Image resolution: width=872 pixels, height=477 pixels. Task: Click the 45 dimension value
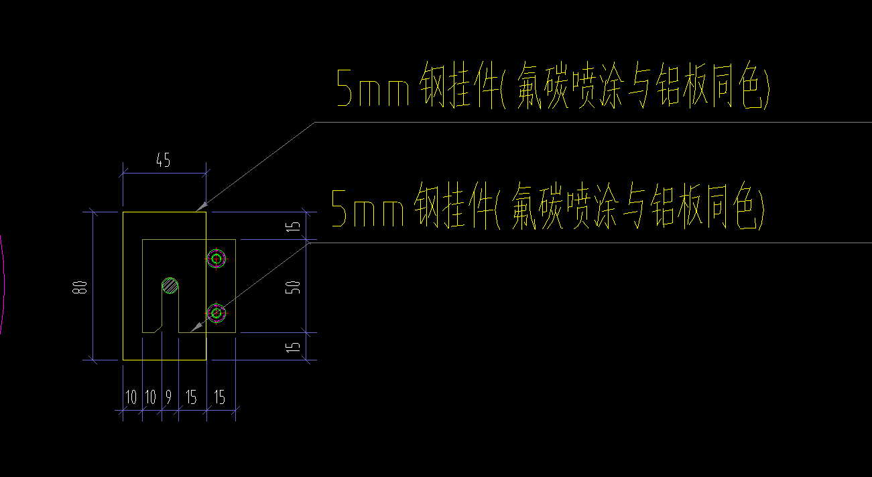(163, 160)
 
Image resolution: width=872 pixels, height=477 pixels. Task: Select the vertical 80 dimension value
(80, 287)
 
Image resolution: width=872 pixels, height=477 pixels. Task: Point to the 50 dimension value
(293, 287)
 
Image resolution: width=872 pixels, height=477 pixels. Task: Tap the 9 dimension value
(168, 397)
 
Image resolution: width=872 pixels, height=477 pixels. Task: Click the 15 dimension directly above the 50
(293, 226)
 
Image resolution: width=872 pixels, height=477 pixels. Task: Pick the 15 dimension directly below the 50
(293, 347)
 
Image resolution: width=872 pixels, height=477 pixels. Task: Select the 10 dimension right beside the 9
(151, 397)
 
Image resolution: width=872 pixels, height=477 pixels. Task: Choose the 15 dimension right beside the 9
(191, 397)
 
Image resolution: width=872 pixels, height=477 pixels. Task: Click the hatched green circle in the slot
(170, 286)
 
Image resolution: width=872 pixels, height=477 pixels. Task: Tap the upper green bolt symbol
(216, 259)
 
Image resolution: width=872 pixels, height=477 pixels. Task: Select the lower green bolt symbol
(216, 313)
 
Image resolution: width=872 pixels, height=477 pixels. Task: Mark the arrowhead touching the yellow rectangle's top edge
(201, 207)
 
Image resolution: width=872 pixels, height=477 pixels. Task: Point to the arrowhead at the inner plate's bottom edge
(196, 327)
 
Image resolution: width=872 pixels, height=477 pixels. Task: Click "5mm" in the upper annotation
(373, 88)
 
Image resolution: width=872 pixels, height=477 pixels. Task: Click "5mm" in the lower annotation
(367, 208)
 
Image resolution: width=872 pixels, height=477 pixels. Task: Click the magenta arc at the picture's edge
(2, 284)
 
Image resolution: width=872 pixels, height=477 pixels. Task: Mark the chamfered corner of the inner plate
(158, 329)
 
